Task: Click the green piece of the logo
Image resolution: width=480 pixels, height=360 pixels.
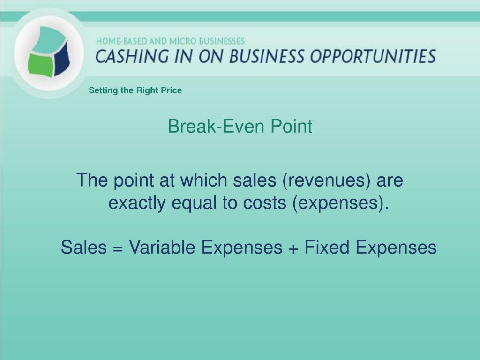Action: click(40, 65)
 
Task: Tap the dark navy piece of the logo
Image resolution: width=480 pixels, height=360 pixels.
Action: click(62, 58)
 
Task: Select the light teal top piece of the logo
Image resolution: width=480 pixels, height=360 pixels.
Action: click(49, 39)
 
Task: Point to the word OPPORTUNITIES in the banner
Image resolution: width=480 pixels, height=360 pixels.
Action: click(373, 57)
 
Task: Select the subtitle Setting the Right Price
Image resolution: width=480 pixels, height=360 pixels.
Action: click(135, 90)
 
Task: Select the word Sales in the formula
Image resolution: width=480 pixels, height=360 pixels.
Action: click(84, 247)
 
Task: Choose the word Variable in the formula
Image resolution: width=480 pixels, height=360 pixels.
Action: click(162, 247)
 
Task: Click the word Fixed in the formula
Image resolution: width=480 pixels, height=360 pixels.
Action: click(327, 247)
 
